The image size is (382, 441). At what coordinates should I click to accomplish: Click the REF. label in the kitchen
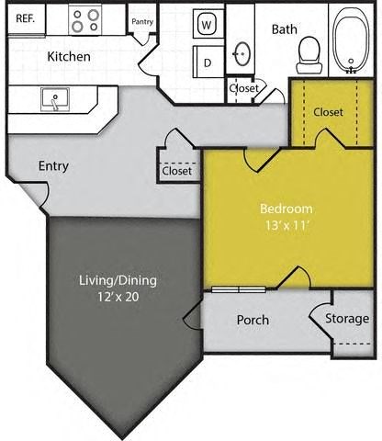tap(26, 18)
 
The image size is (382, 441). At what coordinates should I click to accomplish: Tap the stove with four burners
tap(86, 18)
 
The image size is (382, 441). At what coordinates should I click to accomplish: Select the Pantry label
tap(142, 21)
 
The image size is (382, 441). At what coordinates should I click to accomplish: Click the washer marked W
tap(208, 24)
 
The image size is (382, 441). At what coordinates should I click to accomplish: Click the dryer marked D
tap(208, 62)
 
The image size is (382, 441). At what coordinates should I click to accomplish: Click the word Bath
tap(284, 29)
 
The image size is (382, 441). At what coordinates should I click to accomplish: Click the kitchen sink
tap(54, 98)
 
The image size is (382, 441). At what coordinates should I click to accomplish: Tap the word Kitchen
tap(69, 57)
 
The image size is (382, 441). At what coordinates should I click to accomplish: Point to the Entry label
tap(53, 166)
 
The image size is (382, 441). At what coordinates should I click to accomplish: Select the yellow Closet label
tap(328, 112)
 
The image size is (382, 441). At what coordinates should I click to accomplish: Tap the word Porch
tap(253, 320)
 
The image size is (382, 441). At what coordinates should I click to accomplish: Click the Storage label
tap(348, 319)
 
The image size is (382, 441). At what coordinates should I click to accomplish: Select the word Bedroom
tap(286, 209)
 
